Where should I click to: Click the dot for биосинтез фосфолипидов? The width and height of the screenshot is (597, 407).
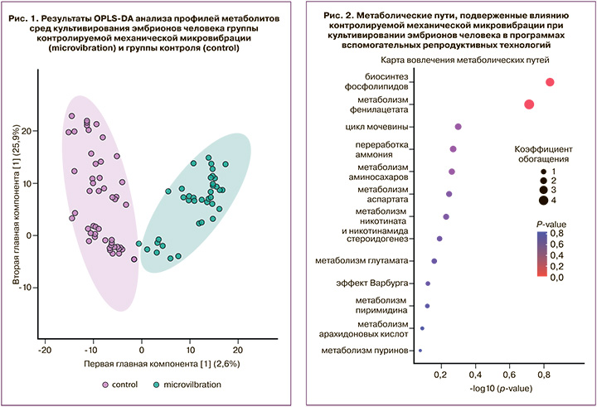point(550,81)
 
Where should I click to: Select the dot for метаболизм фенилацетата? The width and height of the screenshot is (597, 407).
point(529,104)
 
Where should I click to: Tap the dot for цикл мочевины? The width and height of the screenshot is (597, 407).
point(458,127)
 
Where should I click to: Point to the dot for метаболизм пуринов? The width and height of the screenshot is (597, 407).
point(420,351)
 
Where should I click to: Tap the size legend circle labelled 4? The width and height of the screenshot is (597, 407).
point(542,199)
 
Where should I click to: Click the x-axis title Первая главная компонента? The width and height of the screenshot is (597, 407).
point(142,364)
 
